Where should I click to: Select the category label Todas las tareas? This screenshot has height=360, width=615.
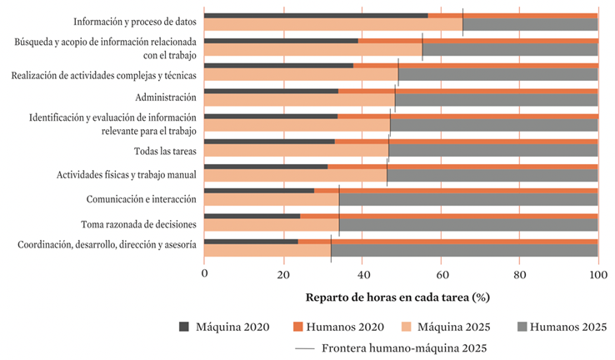pyautogui.click(x=165, y=151)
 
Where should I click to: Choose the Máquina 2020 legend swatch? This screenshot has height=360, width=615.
pyautogui.click(x=184, y=327)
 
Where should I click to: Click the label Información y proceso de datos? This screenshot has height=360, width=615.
pyautogui.click(x=134, y=22)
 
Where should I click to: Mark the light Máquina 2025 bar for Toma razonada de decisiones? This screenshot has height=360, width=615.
pyautogui.click(x=271, y=226)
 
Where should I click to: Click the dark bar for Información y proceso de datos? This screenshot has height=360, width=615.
pyautogui.click(x=316, y=15)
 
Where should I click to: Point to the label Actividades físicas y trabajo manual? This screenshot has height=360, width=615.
pyautogui.click(x=126, y=175)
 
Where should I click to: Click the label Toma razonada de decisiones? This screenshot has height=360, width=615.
pyautogui.click(x=138, y=223)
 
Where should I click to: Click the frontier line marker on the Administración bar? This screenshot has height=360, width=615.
pyautogui.click(x=395, y=97)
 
